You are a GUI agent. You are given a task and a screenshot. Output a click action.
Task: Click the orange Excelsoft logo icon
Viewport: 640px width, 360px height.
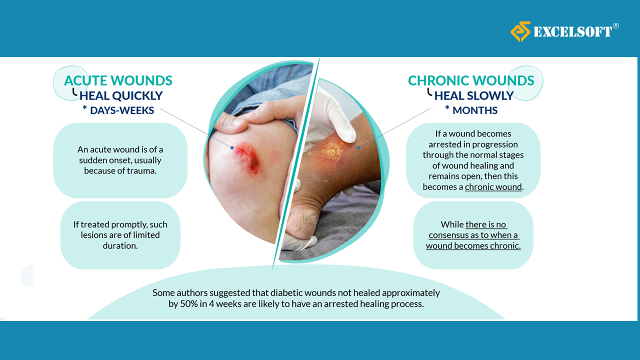520,31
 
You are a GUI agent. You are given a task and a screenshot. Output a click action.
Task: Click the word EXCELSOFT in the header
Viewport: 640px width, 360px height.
572,31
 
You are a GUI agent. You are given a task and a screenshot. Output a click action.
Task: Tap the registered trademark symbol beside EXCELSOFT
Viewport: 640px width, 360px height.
616,26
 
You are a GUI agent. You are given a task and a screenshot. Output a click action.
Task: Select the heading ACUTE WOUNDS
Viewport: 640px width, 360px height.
118,80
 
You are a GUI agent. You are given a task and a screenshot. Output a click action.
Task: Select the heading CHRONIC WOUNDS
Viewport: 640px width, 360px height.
471,80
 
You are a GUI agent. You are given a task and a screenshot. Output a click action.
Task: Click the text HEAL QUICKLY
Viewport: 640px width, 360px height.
121,95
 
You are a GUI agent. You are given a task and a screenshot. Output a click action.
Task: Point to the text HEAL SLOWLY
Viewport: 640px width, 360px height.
473,95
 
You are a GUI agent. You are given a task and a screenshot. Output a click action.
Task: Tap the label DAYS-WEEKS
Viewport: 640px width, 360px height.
122,110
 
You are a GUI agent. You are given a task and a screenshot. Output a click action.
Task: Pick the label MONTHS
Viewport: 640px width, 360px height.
475,110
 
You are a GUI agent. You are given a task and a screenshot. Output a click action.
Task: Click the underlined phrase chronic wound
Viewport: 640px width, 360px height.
493,187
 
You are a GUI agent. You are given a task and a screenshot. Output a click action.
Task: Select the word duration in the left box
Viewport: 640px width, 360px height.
120,245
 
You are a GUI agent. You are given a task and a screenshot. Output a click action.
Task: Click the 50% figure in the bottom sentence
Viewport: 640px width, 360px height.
189,303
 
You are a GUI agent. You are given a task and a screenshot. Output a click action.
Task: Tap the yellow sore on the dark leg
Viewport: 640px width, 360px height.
331,150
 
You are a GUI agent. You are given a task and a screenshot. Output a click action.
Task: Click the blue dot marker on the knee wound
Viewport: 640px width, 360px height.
232,147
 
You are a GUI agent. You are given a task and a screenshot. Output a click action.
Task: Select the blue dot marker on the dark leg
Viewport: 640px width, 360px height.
358,147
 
